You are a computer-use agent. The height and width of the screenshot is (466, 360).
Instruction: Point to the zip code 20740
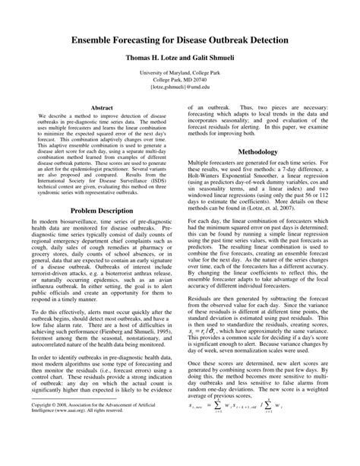click(197, 79)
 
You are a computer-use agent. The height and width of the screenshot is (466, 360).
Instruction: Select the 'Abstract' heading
click(102, 109)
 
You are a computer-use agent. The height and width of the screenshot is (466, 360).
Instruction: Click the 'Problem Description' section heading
click(102, 210)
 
